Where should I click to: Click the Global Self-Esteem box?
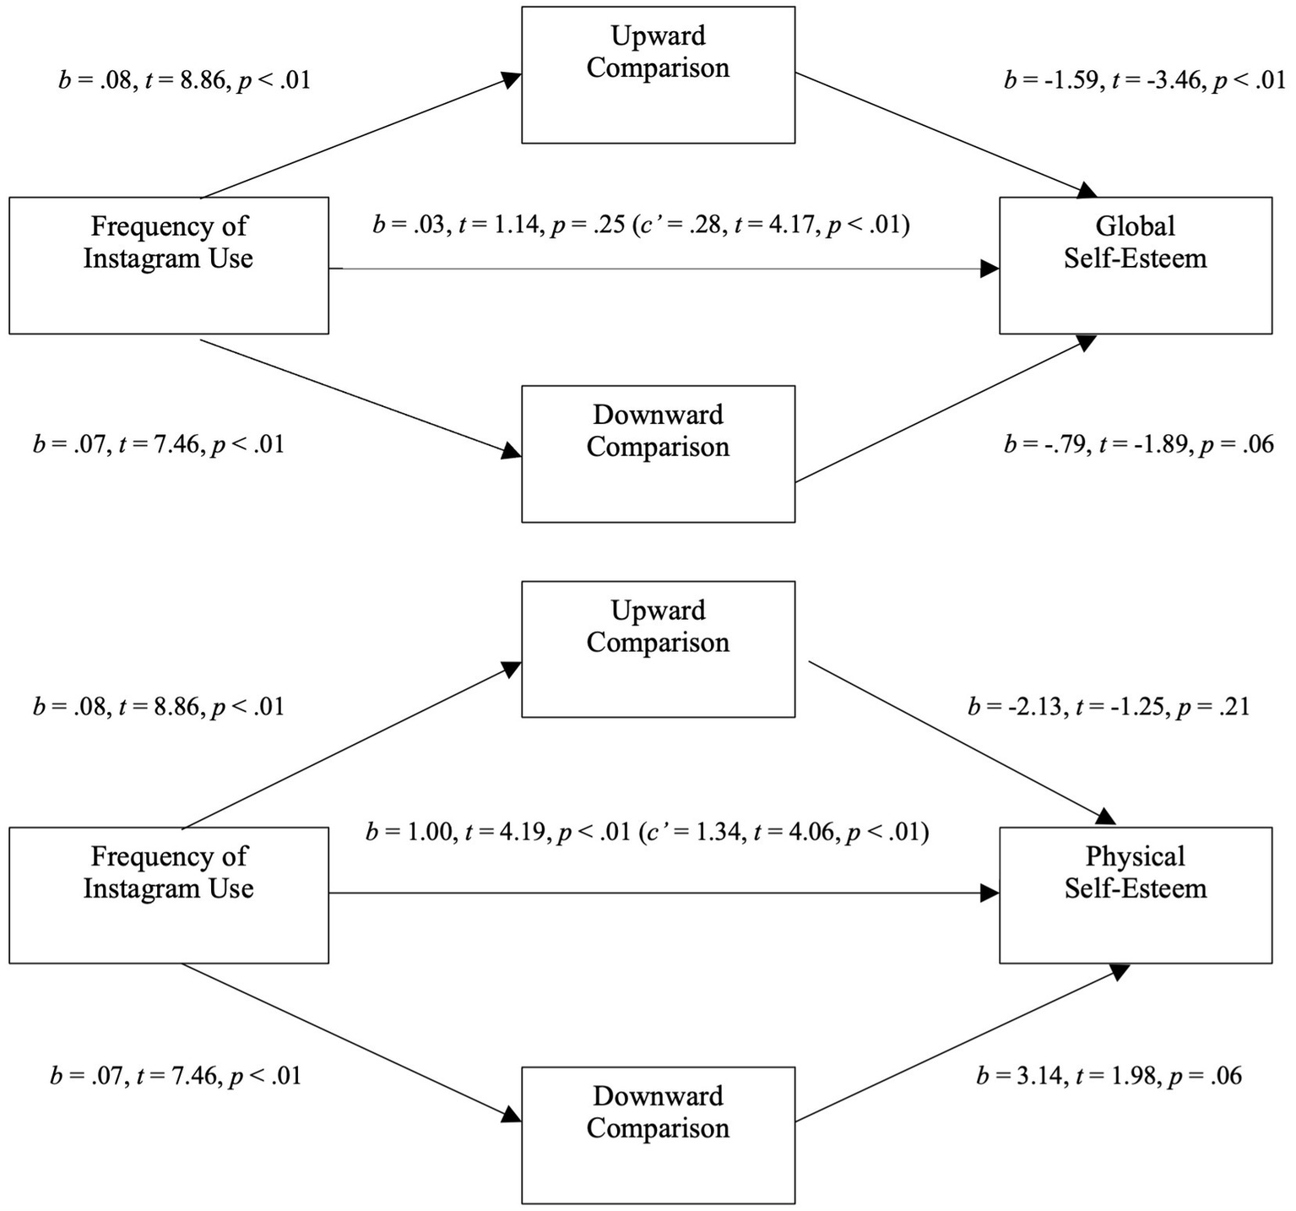(1135, 265)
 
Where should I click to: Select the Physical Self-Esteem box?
(1135, 894)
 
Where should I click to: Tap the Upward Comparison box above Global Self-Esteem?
(658, 74)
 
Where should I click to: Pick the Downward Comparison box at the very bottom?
(658, 1134)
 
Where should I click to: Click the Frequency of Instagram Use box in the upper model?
(168, 265)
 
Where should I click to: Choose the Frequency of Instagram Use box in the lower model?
(168, 894)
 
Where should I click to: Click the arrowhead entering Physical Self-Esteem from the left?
(990, 893)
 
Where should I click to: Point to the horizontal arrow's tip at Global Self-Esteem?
(990, 269)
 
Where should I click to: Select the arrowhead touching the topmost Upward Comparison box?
(511, 79)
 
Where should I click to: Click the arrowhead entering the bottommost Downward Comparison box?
(511, 1115)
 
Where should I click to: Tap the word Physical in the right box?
(1135, 856)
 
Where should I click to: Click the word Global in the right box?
(1135, 226)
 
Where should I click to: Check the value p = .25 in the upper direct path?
(586, 225)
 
